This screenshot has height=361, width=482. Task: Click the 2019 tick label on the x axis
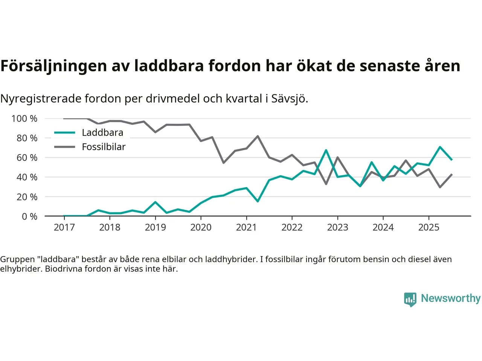(155, 228)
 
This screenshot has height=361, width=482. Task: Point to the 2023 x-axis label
(337, 228)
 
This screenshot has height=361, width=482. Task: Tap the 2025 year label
(429, 228)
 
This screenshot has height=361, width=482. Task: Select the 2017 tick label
(64, 228)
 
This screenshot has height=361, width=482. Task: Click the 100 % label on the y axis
(24, 119)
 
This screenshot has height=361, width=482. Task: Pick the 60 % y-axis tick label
(27, 158)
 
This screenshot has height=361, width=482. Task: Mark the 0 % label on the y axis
(29, 217)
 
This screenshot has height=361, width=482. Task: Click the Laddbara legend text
(102, 133)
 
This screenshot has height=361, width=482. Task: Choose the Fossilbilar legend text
(104, 147)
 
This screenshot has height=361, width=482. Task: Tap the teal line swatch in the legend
(65, 133)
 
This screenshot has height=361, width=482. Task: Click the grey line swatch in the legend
(65, 147)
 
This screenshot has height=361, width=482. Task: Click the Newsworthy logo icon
(410, 299)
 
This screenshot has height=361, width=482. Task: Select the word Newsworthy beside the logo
(450, 298)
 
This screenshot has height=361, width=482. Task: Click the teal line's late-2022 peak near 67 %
(326, 150)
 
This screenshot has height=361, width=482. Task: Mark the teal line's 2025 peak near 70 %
(440, 147)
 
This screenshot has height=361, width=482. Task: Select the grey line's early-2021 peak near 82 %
(258, 136)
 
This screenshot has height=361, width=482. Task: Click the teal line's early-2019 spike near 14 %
(155, 202)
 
